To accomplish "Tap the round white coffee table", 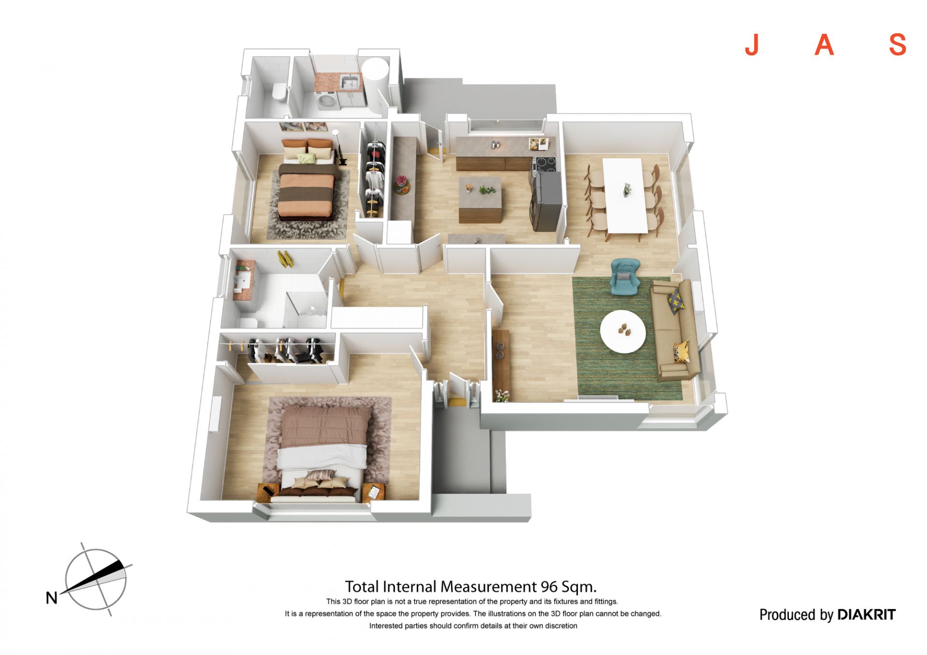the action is (x=623, y=332).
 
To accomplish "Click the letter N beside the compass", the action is (x=52, y=598).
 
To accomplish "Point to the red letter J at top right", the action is (x=752, y=45).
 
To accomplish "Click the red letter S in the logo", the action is (x=898, y=45).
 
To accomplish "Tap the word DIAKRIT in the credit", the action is (x=866, y=614).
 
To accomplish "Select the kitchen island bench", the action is (x=480, y=199).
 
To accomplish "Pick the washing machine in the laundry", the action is (x=329, y=102).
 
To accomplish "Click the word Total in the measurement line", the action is (x=362, y=586).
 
